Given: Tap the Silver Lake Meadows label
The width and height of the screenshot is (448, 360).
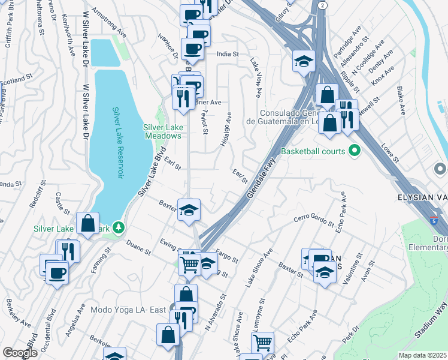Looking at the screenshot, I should point(162,131).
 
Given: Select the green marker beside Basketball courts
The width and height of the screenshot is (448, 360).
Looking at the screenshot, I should point(353,151).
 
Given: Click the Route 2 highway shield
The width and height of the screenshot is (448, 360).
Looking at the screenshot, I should point(323,5).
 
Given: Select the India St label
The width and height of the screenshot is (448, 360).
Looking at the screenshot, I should point(228,54).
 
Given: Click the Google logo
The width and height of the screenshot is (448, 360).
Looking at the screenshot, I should point(20,353).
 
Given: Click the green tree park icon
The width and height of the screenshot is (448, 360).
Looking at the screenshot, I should point(119,227).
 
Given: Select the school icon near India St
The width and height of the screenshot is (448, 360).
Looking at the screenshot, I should point(304,61).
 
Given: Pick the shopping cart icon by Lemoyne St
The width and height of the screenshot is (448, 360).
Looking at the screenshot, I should point(262,343).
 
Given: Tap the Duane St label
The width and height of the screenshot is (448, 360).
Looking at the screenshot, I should point(138,248).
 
